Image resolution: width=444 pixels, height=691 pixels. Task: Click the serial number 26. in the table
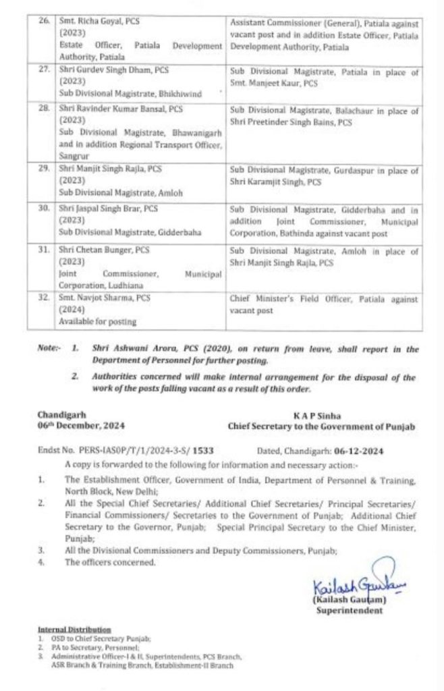tap(45, 22)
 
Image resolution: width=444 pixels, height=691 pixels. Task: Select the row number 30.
tap(45, 209)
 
